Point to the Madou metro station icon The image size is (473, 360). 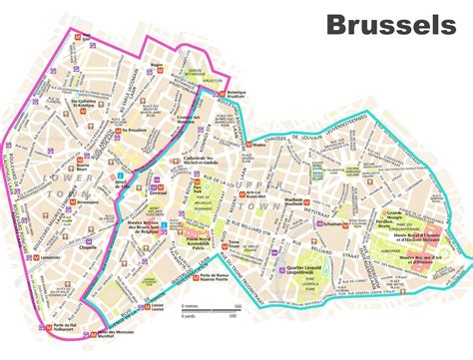pyautogui.click(x=246, y=143)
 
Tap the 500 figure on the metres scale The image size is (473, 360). pyautogui.click(x=232, y=304)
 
